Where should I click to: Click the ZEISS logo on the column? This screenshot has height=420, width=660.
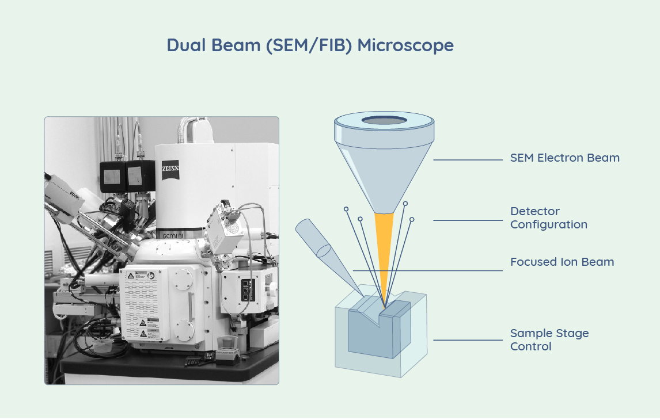click(170, 172)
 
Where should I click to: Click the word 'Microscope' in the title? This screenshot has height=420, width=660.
click(405, 45)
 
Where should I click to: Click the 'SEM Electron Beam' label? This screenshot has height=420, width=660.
click(564, 158)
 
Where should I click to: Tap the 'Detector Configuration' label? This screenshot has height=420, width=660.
click(548, 218)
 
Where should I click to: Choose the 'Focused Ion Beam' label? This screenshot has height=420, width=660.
click(562, 262)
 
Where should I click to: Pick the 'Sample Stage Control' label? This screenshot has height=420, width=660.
click(549, 339)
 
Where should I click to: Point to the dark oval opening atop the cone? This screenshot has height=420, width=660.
click(384, 121)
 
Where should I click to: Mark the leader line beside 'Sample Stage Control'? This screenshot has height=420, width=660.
click(468, 340)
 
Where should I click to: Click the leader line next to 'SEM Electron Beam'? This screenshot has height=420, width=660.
click(468, 160)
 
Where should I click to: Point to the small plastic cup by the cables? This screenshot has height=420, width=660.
click(102, 345)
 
